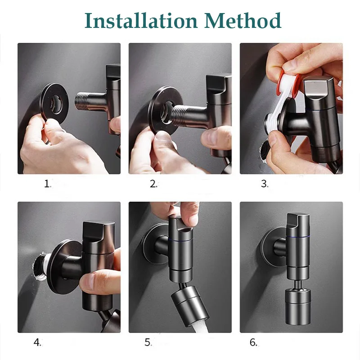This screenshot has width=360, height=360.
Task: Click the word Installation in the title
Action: point(141,21)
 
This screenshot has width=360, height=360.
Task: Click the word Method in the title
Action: point(243,21)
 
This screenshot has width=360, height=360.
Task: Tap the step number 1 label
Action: point(48,184)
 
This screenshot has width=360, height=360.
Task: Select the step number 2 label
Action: point(153,184)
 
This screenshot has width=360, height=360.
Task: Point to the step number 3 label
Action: point(265,184)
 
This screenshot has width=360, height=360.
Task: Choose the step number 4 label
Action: point(37,342)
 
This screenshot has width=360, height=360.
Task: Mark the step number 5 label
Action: point(148,342)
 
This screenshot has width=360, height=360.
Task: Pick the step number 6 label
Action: point(253,342)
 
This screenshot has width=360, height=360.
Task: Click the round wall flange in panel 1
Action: point(44,103)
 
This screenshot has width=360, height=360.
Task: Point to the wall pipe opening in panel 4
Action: point(40,266)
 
